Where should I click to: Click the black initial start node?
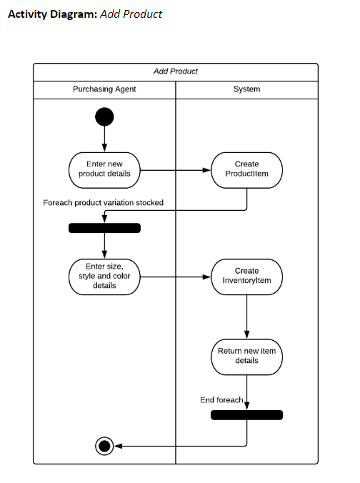coord(104,116)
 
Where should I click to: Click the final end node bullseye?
coord(104,447)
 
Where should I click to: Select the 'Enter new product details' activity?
coord(104,169)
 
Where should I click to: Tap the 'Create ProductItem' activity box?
coord(246,169)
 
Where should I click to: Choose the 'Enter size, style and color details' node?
coord(104,276)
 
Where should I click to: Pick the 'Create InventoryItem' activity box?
coord(246,276)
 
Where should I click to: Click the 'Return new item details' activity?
coord(246,356)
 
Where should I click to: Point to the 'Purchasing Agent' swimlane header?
coord(104,89)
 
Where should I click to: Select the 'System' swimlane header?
coord(246,89)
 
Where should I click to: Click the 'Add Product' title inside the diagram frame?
coord(176,71)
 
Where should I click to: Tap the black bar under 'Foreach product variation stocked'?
coord(104,228)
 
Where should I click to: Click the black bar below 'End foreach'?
coord(246,415)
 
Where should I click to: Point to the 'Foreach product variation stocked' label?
coord(104,203)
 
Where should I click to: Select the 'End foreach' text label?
coord(221,399)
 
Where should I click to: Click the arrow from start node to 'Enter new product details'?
coord(104,139)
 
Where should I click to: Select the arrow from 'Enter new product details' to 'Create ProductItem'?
coord(176,170)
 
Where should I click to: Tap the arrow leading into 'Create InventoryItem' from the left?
coord(176,277)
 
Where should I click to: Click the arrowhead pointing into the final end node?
coord(119,447)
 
